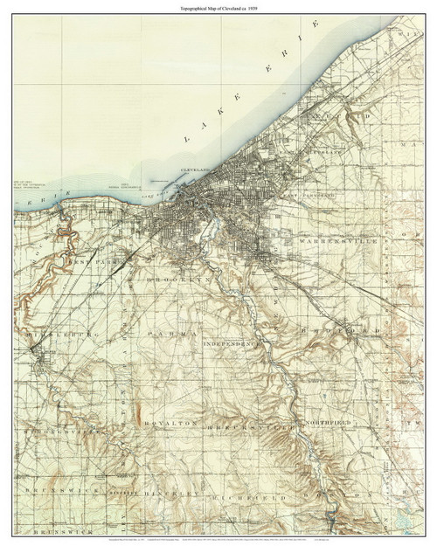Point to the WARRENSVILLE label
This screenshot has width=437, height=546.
click(329, 238)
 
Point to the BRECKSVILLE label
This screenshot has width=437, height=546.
click(241, 426)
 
